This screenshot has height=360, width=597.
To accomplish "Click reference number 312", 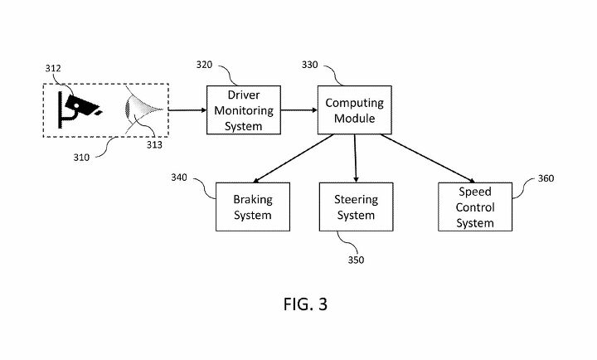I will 51,70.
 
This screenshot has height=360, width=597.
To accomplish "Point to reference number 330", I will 309,63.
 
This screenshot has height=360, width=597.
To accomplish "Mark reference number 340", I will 179,177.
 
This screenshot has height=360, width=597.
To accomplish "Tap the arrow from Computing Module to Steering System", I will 355,158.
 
